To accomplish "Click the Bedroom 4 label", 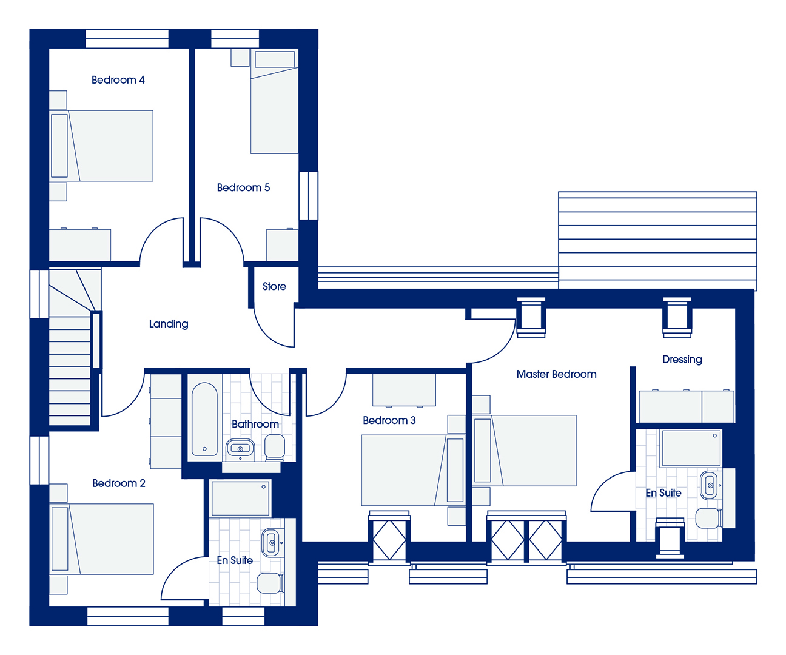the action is coord(118,80).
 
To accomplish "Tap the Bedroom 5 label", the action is coord(243,187).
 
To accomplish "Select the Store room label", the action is coord(274,286).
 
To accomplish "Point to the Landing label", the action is coord(168,324).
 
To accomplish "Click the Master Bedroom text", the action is coord(556,374).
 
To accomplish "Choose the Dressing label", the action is coord(682,360).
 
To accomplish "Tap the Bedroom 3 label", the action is coord(389,420).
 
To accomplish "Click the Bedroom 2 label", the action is coord(119,483).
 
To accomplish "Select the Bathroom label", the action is coord(255,424).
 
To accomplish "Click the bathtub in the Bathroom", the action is coord(204,419).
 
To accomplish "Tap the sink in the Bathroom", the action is coord(240,448).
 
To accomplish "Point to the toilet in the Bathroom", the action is coord(274,447).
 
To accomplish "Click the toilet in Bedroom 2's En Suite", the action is coord(270,583).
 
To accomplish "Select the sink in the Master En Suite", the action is coord(710,485).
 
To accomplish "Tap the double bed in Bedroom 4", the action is coord(101,146).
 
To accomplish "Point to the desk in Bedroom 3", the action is coord(404,390).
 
